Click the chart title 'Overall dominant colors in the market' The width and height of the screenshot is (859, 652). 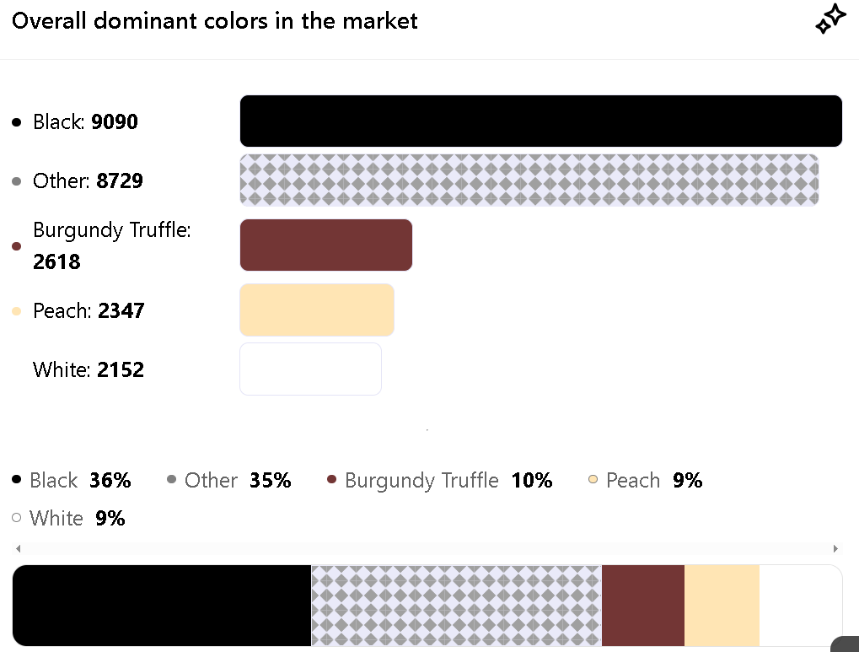[215, 20]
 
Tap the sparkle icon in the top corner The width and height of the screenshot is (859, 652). [830, 19]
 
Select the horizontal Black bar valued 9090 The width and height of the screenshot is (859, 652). [540, 121]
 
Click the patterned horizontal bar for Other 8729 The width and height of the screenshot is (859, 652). [529, 181]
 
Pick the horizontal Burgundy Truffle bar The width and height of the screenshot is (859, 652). [326, 245]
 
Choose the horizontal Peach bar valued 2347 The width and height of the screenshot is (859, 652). [317, 310]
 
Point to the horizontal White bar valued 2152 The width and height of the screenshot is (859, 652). [310, 369]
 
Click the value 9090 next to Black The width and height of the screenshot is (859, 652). [115, 122]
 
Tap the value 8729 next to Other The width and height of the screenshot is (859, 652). [120, 181]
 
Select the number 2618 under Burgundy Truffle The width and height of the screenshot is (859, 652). [56, 262]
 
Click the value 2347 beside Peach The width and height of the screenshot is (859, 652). [121, 311]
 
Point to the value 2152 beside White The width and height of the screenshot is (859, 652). [121, 370]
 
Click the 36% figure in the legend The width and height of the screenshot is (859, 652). [110, 481]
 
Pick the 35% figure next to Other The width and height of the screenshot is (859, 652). [271, 481]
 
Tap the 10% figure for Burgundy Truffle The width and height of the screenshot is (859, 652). [532, 481]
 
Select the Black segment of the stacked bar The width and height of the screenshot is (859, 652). [162, 606]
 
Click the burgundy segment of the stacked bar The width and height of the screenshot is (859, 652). [642, 606]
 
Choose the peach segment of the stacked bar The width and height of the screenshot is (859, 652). [722, 606]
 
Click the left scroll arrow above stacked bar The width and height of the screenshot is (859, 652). [19, 548]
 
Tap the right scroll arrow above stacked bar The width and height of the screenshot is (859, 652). [835, 548]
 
